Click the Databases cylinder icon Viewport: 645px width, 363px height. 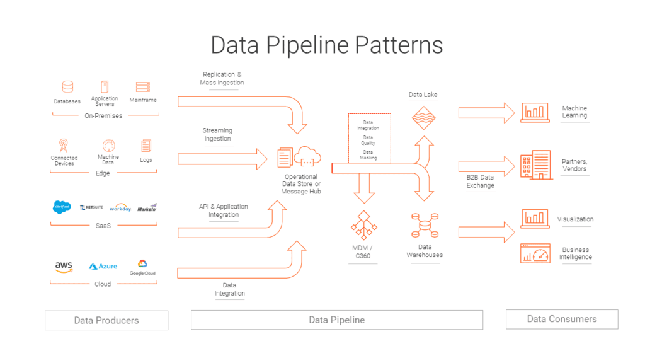67,87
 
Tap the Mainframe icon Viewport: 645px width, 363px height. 143,87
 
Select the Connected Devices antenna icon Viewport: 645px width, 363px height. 64,145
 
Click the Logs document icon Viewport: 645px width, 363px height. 146,146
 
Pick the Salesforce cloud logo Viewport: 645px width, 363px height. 62,207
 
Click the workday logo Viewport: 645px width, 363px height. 120,207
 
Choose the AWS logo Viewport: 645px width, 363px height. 64,267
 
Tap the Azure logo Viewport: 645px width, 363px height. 103,267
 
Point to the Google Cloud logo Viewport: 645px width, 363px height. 142,267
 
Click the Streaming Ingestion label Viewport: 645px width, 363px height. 217,134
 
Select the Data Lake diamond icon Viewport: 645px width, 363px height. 423,117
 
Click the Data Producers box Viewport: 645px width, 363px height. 106,320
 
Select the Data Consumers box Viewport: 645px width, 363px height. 561,319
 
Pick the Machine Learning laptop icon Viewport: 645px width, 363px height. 535,112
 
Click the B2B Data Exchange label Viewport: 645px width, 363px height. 481,181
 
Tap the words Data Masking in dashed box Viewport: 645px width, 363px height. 368,155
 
